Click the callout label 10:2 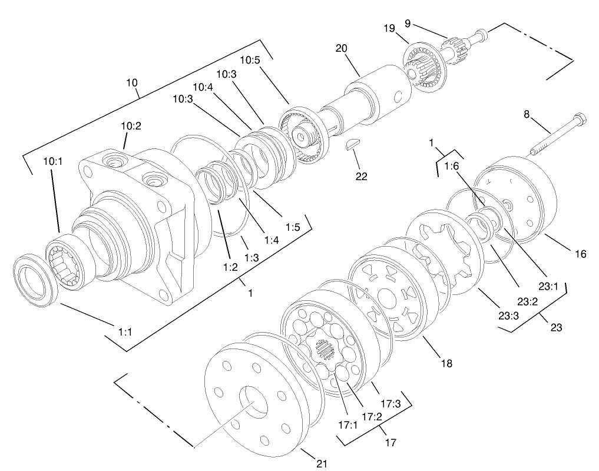131,126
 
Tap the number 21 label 322,463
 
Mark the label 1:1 124,332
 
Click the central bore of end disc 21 254,403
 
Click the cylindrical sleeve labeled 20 376,94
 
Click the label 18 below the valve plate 446,363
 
